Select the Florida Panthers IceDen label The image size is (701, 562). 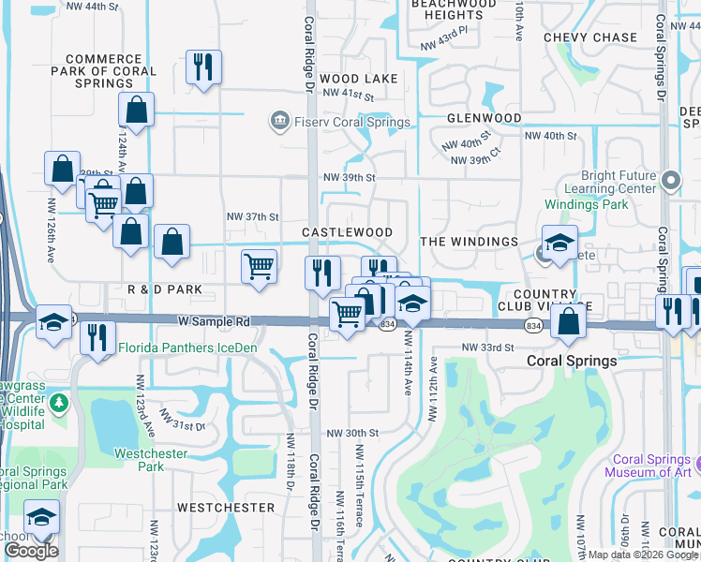point(193,348)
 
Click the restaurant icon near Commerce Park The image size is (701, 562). point(203,67)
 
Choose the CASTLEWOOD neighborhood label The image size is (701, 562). point(347,231)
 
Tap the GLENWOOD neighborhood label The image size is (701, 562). point(484,118)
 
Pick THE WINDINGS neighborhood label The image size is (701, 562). point(469,242)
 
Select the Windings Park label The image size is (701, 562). point(588,203)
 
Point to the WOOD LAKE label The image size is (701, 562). point(358,79)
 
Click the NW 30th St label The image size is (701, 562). point(351,433)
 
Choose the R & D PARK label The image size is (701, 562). point(165,290)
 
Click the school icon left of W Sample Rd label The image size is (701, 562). point(53,323)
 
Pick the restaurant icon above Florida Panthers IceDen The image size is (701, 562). point(97,336)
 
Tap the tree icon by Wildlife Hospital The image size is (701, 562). point(59,403)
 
